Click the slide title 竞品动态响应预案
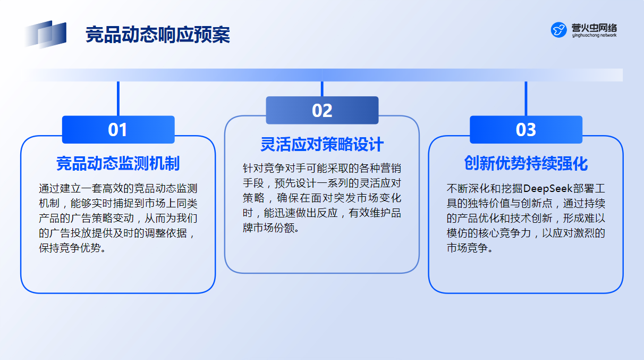click(158, 35)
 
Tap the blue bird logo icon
click(558, 30)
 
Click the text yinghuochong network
click(594, 36)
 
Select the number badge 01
click(118, 130)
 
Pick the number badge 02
click(322, 110)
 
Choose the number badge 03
click(526, 130)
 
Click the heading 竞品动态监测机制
click(118, 163)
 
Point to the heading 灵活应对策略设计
click(321, 144)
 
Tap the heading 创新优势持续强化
click(526, 163)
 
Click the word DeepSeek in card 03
click(548, 188)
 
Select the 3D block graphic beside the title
click(46, 34)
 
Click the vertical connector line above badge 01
click(118, 99)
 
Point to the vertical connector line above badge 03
click(526, 99)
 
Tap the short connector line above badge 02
click(322, 89)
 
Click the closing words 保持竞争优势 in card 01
click(70, 248)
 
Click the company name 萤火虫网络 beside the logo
click(594, 28)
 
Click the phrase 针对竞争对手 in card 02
click(274, 169)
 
